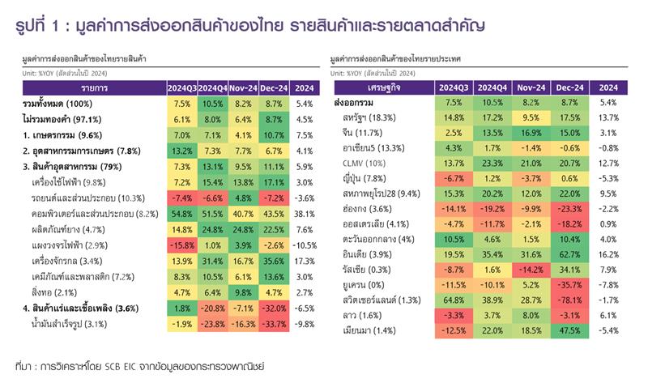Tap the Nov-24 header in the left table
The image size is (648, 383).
(x=242, y=87)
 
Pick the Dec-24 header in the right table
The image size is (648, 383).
(x=570, y=87)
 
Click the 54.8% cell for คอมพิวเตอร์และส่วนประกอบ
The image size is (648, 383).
(x=181, y=214)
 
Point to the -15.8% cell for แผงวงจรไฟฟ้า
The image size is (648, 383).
(x=181, y=245)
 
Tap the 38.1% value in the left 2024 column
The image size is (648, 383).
(x=305, y=214)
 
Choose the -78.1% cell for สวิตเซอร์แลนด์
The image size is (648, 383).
(x=570, y=300)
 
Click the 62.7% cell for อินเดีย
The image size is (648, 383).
(x=570, y=253)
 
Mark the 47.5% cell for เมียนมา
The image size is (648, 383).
(x=570, y=330)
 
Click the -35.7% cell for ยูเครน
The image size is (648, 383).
(x=570, y=284)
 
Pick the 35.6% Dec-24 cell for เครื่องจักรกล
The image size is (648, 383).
(x=274, y=261)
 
